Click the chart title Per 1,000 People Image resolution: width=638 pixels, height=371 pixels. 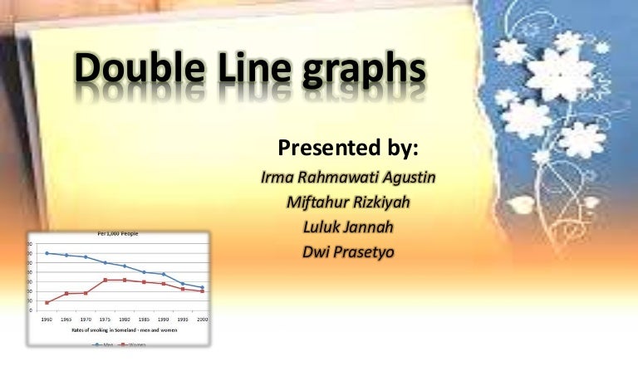tap(118, 234)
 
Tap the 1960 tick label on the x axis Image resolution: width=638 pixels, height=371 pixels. tap(47, 319)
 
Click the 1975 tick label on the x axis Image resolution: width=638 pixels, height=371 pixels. tap(106, 319)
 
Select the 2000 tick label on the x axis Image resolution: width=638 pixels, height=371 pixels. tap(202, 319)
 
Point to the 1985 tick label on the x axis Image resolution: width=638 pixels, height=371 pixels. tap(144, 319)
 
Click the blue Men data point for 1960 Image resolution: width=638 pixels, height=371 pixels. tap(47, 253)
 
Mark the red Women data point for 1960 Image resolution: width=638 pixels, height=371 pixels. tap(47, 302)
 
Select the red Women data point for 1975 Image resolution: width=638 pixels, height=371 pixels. tap(106, 280)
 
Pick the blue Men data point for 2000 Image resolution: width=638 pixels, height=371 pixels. tap(202, 287)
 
